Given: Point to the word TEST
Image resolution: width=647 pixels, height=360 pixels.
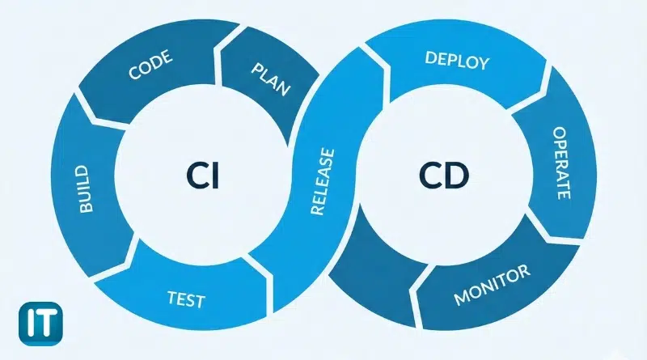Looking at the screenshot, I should [x=185, y=300].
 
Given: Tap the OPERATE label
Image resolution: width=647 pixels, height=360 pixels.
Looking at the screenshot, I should [x=560, y=162].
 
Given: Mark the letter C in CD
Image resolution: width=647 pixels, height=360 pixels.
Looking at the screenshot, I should [x=431, y=176].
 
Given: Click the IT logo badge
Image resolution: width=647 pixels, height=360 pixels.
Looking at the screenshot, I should [x=27, y=320].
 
